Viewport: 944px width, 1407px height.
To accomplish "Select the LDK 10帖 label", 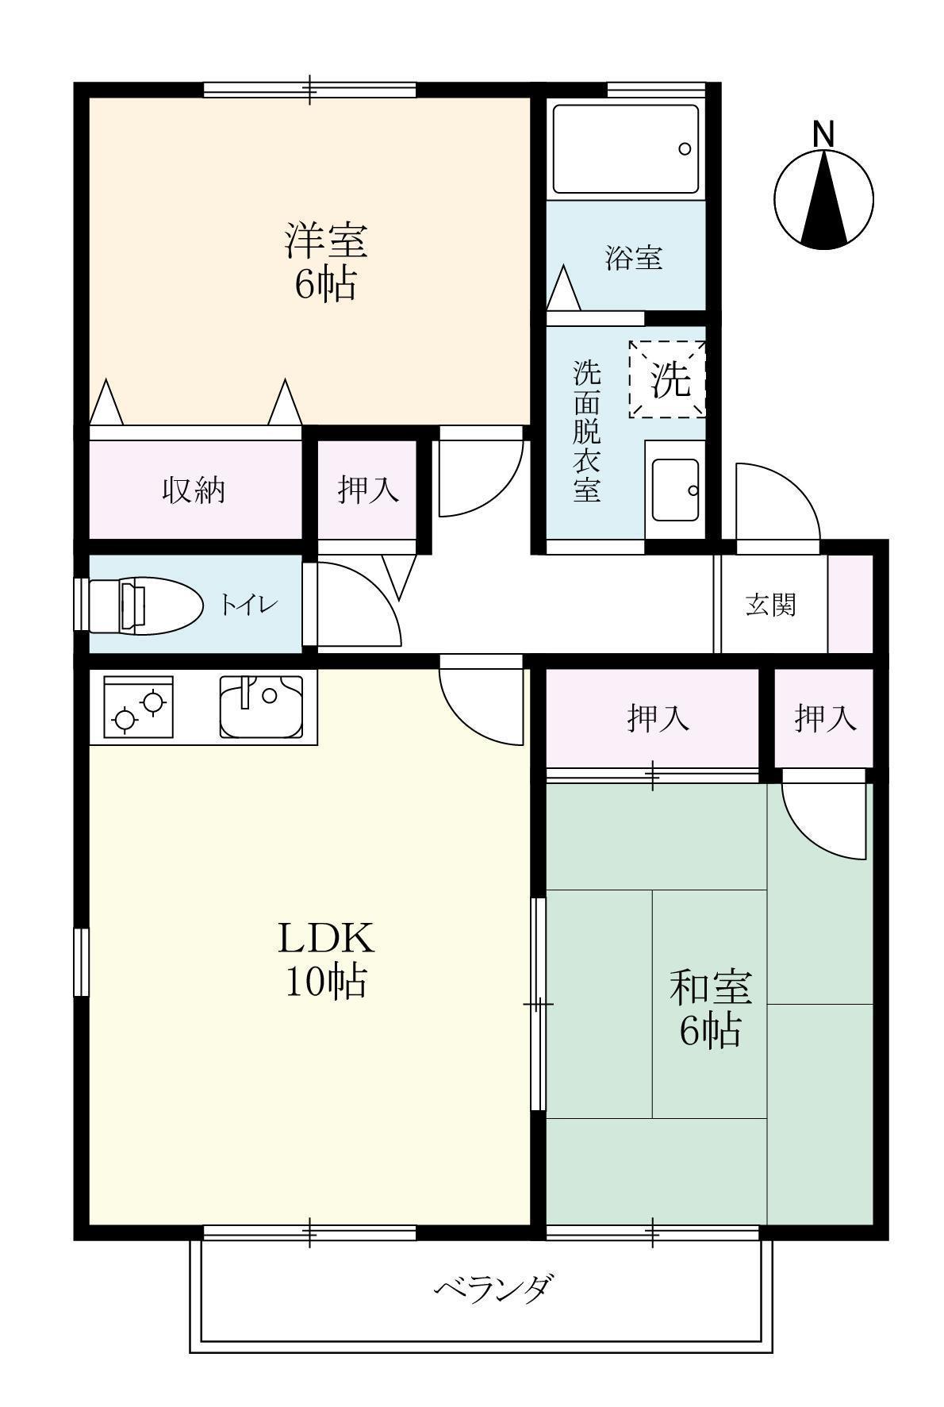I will tap(325, 959).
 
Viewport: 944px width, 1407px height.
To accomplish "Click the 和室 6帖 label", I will tap(709, 1008).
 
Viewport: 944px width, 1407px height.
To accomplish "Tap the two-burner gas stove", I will tap(138, 707).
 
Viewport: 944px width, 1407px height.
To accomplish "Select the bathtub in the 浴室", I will tap(626, 148).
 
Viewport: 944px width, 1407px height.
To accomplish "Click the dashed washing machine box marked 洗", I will tap(666, 379).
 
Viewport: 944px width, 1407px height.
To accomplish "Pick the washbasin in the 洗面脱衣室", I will tap(675, 490).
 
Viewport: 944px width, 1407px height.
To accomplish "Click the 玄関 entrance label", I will tap(769, 605).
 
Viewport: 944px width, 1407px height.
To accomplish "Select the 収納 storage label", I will tap(194, 490).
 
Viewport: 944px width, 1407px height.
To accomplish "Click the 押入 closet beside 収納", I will tap(367, 490).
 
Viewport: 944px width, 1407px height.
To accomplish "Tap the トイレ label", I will tap(248, 606).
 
